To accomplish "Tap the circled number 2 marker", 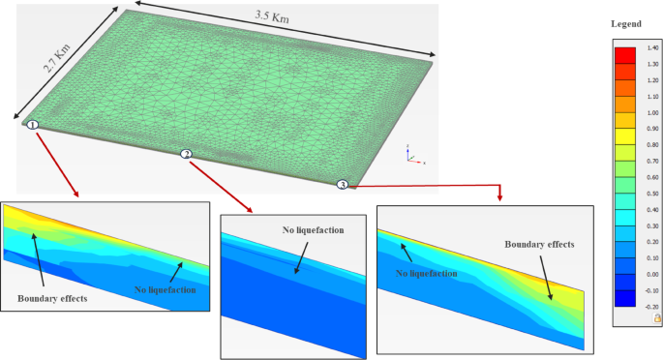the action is click(186, 154).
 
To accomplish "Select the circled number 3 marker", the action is click(341, 185).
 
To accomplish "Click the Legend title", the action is click(626, 22).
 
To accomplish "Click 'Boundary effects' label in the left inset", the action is click(50, 298).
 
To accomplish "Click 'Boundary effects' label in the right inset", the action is click(539, 245).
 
